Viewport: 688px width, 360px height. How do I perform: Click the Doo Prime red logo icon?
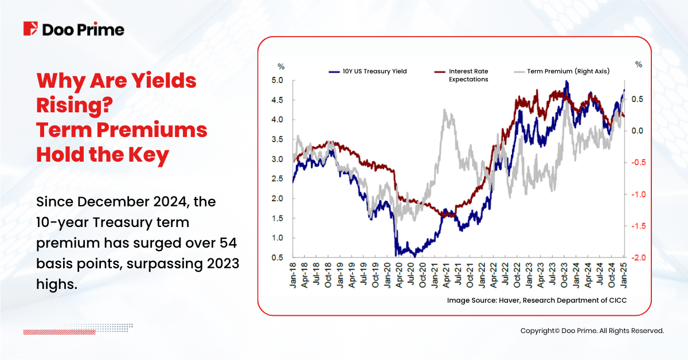[x=30, y=29]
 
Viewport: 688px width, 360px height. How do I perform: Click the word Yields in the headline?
[x=160, y=81]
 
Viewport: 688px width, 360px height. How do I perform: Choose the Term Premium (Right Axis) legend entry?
[x=568, y=72]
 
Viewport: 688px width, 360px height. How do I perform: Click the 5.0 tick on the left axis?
[x=277, y=81]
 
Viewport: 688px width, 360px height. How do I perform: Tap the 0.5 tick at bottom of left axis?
[x=277, y=257]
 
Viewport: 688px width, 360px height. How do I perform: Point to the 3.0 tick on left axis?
[x=277, y=159]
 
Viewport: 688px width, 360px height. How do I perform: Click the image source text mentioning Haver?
[x=533, y=300]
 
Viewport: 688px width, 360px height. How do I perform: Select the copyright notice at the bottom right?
[x=592, y=331]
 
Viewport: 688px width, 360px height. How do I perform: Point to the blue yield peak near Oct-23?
[x=566, y=83]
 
